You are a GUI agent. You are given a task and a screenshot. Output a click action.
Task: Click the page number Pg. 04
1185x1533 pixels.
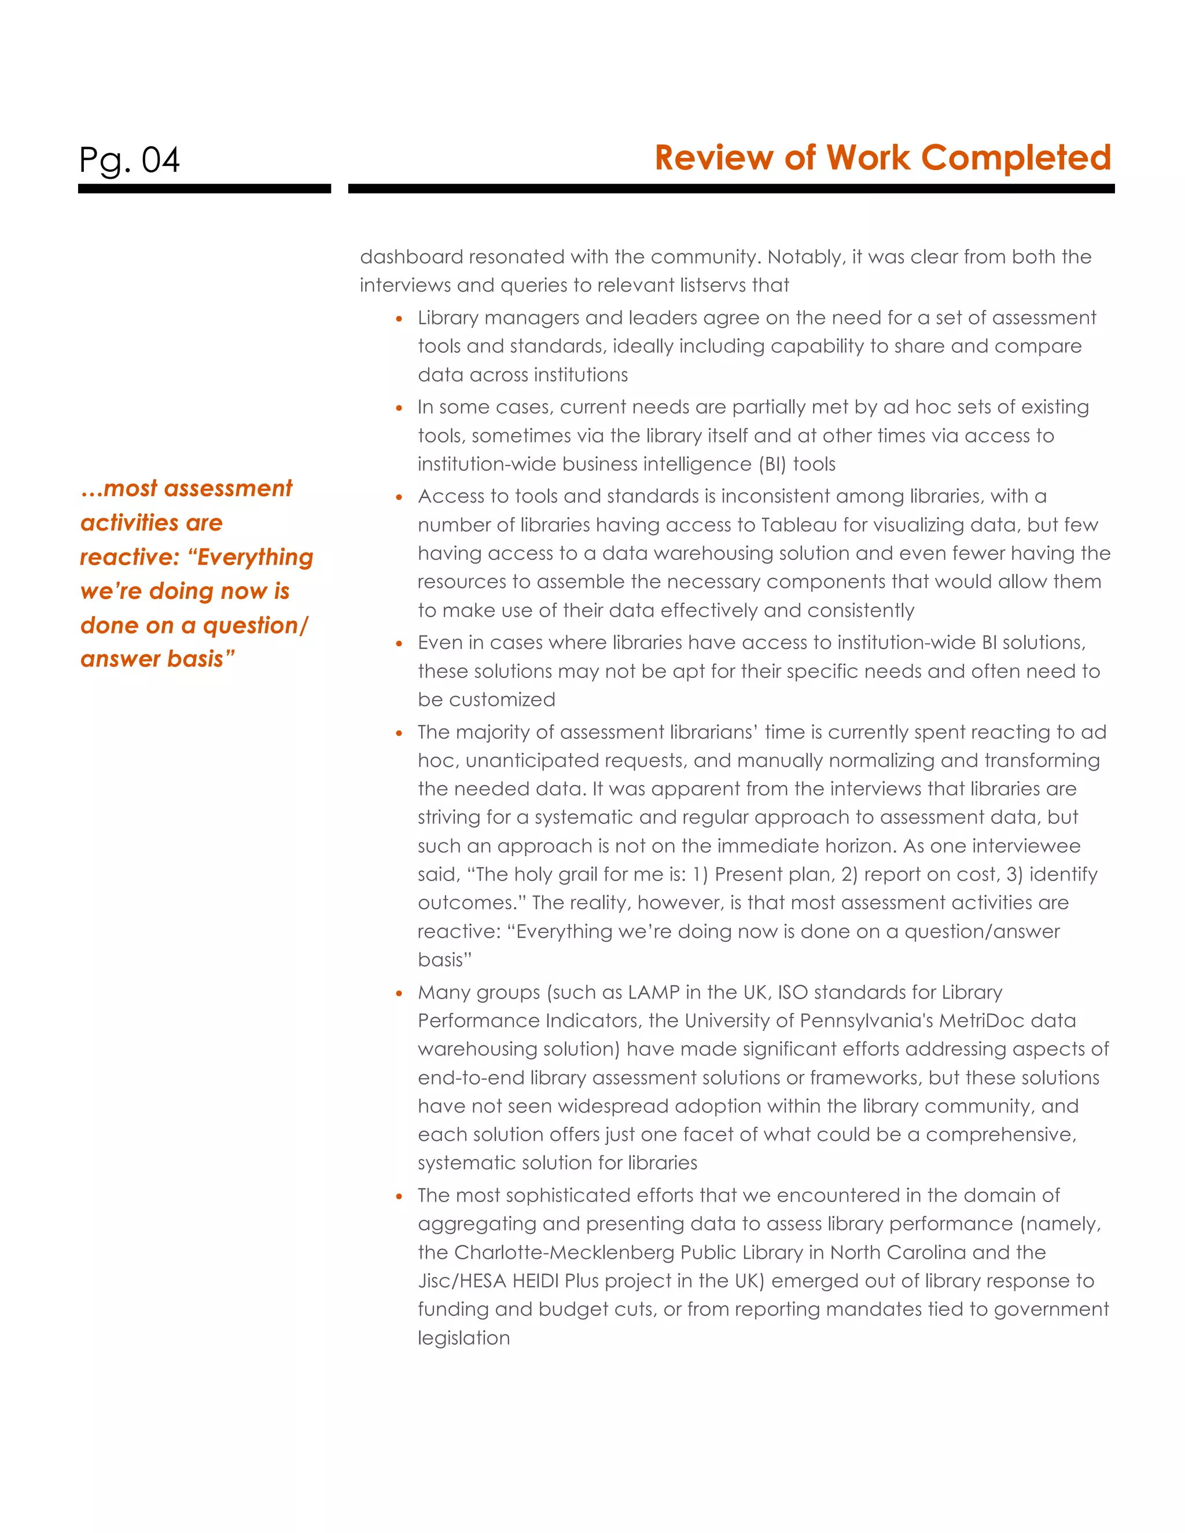[129, 160]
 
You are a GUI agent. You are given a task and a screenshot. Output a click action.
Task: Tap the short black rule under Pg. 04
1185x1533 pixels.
[204, 189]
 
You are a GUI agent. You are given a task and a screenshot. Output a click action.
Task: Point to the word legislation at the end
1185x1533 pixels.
[463, 1338]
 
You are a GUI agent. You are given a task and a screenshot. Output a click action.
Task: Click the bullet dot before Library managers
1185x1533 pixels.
[399, 319]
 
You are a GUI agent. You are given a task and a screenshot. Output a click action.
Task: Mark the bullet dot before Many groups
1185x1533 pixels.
[399, 994]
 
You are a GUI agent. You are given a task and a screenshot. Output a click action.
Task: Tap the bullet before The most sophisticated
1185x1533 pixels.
[399, 1197]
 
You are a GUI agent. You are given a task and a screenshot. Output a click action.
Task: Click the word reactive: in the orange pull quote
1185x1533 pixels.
[130, 557]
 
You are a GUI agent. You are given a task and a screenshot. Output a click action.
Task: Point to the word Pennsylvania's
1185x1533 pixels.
[794, 1020]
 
